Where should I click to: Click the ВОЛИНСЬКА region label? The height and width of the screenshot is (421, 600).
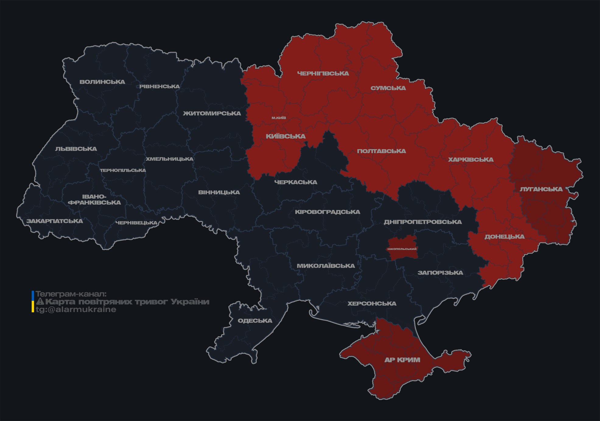(102, 82)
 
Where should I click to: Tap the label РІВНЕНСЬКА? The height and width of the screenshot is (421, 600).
(160, 86)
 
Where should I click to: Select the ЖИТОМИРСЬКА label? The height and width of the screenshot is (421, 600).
(212, 114)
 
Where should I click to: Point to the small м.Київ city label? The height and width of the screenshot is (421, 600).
(279, 118)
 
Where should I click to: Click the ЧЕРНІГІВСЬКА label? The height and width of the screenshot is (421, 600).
(323, 73)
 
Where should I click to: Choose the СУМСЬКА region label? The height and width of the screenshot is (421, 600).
(388, 88)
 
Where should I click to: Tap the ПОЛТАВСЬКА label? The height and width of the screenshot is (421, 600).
(381, 151)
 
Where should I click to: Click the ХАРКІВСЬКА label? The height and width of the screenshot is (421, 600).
(471, 160)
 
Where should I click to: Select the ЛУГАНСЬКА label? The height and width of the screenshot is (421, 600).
(541, 189)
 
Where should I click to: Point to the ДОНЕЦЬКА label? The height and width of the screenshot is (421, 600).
(504, 237)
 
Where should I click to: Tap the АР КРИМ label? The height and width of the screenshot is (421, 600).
(402, 360)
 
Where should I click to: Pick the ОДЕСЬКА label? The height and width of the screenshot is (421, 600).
(255, 321)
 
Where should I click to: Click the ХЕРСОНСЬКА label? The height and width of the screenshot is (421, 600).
(372, 304)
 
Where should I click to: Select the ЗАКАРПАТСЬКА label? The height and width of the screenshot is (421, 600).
(54, 221)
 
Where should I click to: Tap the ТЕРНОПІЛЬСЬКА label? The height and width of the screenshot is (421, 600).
(123, 170)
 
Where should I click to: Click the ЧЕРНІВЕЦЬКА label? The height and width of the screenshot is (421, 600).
(136, 223)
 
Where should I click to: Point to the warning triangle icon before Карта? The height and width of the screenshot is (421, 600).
(40, 302)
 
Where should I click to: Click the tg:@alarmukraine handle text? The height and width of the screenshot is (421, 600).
(76, 310)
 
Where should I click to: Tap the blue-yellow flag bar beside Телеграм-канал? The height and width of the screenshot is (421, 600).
(33, 302)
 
